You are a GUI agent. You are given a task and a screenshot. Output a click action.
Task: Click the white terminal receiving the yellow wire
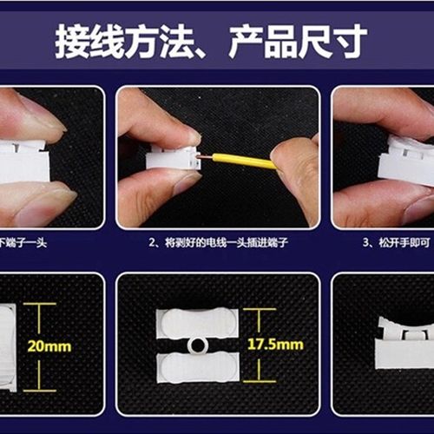coord(173,158)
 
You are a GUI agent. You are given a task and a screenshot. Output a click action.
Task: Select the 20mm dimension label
coord(49,346)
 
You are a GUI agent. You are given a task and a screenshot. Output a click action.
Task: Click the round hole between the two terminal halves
coord(197,345)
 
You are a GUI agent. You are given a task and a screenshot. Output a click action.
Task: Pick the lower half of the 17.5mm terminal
coord(197,368)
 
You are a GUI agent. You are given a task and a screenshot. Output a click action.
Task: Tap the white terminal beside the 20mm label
coord(8,345)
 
